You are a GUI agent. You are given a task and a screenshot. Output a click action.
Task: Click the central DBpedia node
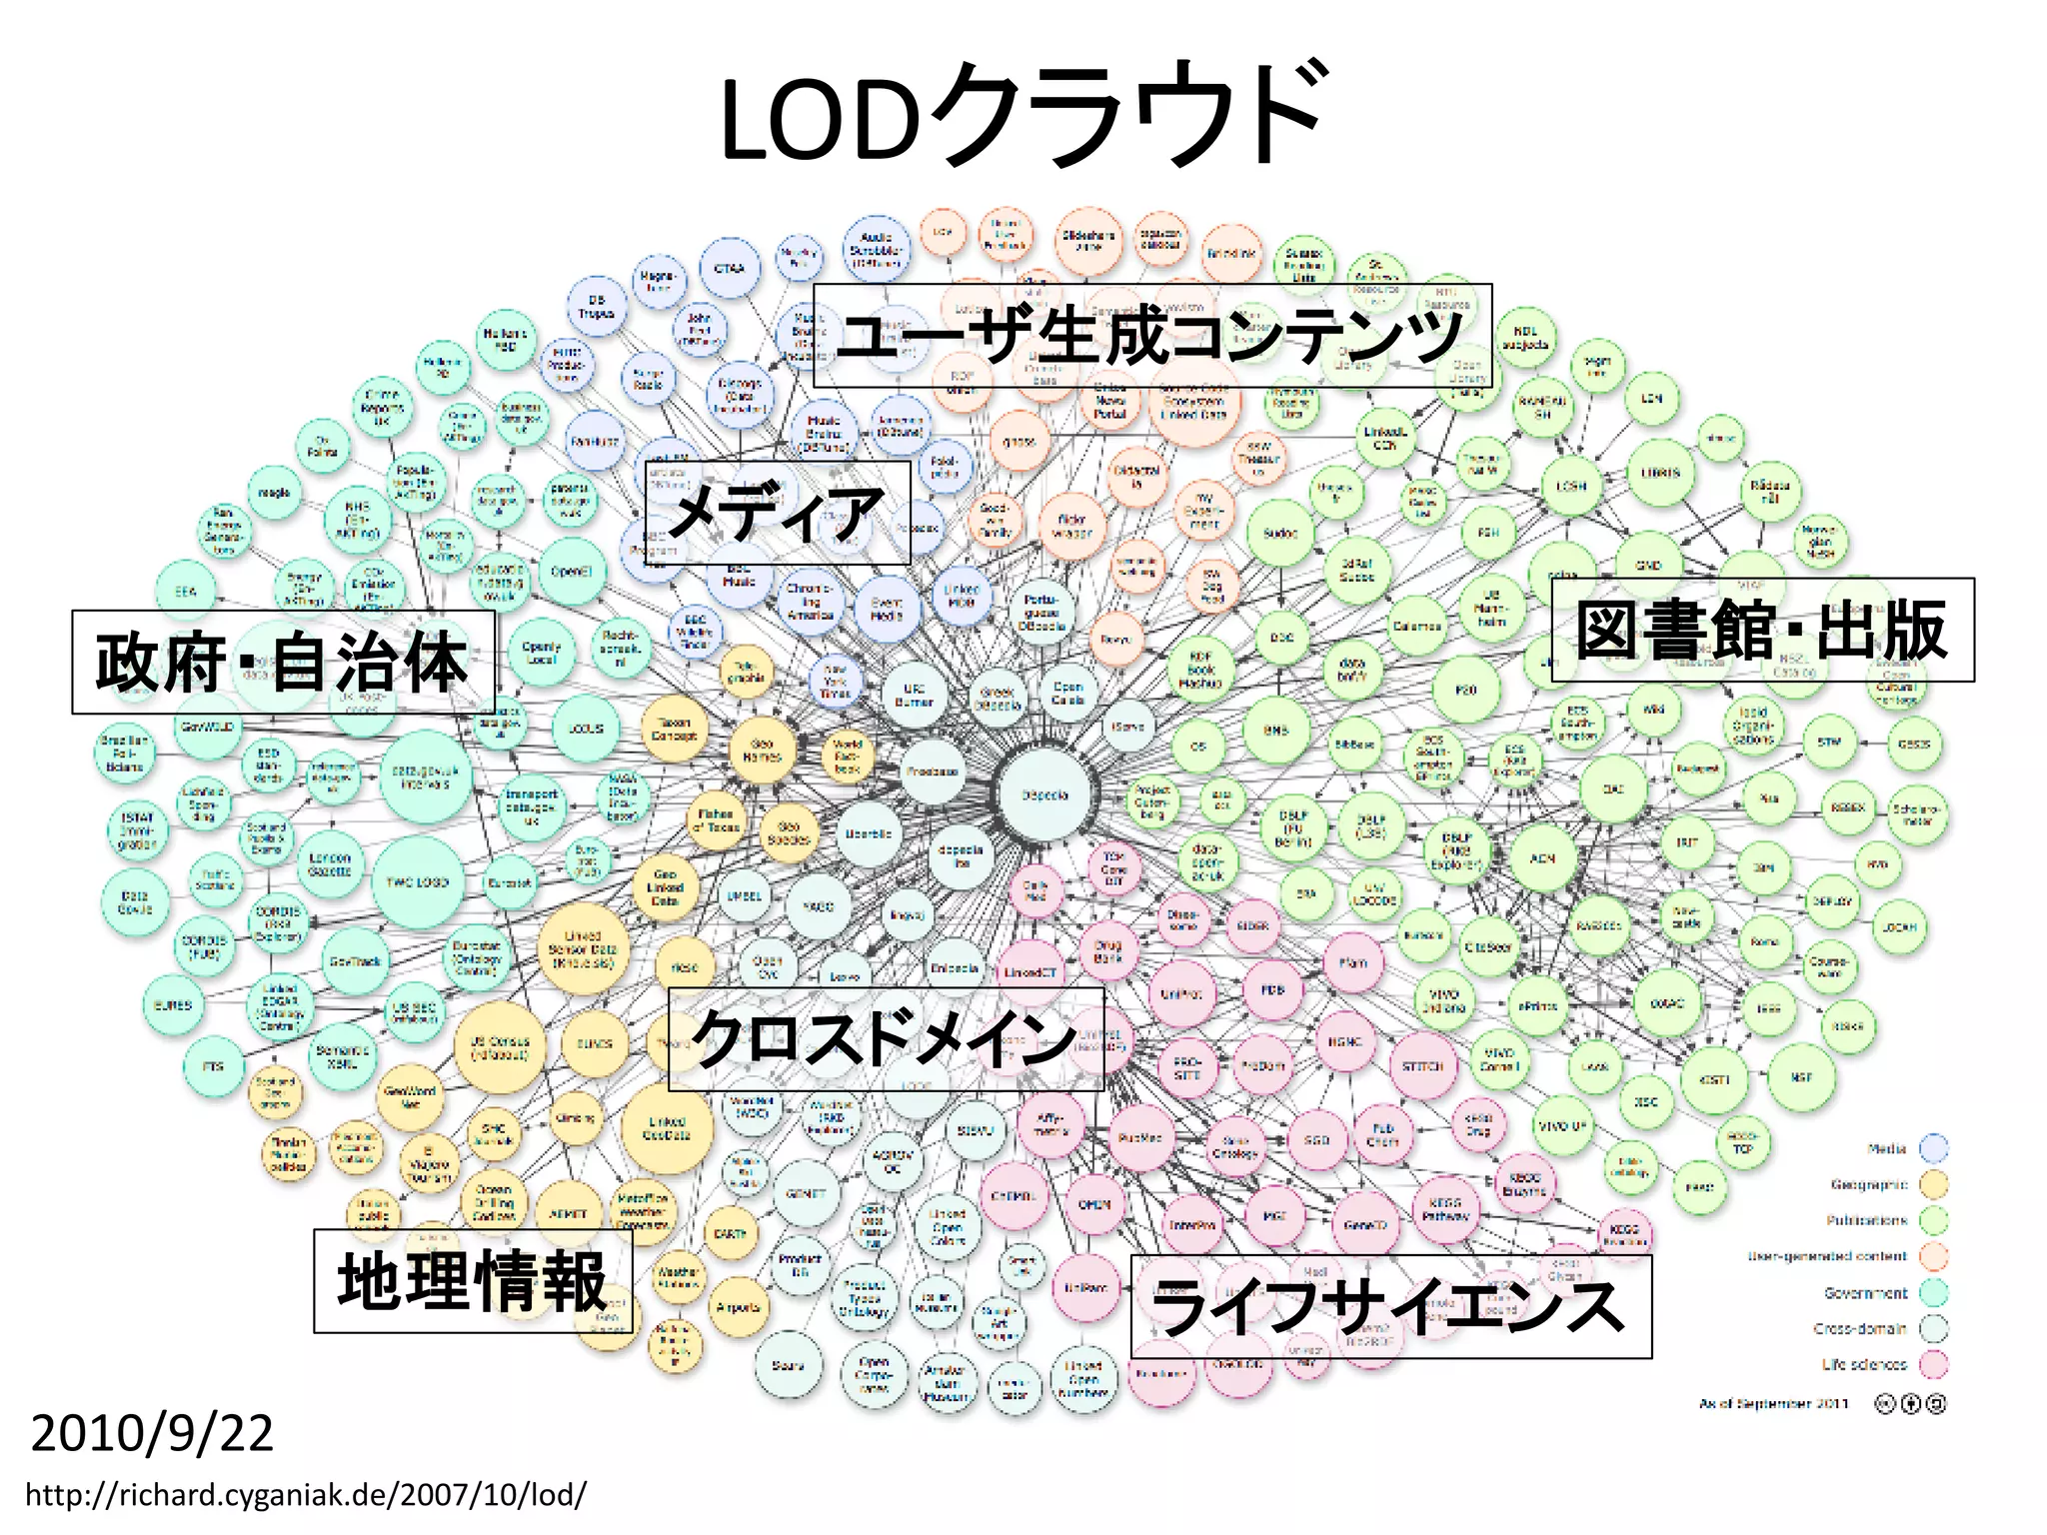pyautogui.click(x=1045, y=795)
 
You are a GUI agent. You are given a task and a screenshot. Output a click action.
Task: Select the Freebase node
pyautogui.click(x=933, y=771)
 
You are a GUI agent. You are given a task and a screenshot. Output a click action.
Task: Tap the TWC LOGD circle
pyautogui.click(x=418, y=882)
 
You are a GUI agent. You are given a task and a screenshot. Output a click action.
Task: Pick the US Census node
pyautogui.click(x=500, y=1046)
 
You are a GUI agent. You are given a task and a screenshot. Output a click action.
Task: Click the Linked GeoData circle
pyautogui.click(x=667, y=1128)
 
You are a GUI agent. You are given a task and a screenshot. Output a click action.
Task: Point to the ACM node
pyautogui.click(x=1542, y=857)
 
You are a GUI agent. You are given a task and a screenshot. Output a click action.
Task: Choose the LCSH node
pyautogui.click(x=1570, y=487)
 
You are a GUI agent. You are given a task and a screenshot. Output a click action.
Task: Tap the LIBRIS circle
pyautogui.click(x=1660, y=473)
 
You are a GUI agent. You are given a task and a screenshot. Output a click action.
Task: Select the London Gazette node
pyautogui.click(x=330, y=864)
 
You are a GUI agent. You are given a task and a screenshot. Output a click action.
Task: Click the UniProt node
pyautogui.click(x=1181, y=994)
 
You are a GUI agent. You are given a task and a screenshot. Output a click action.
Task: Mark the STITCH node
pyautogui.click(x=1422, y=1066)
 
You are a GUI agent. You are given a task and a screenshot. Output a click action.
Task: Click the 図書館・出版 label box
pyautogui.click(x=1762, y=631)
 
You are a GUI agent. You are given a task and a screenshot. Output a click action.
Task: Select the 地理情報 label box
pyautogui.click(x=473, y=1281)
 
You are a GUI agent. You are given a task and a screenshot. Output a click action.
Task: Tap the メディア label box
pyautogui.click(x=778, y=513)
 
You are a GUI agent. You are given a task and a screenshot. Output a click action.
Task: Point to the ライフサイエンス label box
pyautogui.click(x=1390, y=1307)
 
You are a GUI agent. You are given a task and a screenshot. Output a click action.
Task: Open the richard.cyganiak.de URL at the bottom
pyautogui.click(x=306, y=1495)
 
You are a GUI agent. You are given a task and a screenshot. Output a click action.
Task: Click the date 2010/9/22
pyautogui.click(x=152, y=1434)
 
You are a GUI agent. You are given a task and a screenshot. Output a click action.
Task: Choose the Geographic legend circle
pyautogui.click(x=1935, y=1184)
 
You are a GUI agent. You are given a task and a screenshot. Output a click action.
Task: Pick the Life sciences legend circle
pyautogui.click(x=1935, y=1364)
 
